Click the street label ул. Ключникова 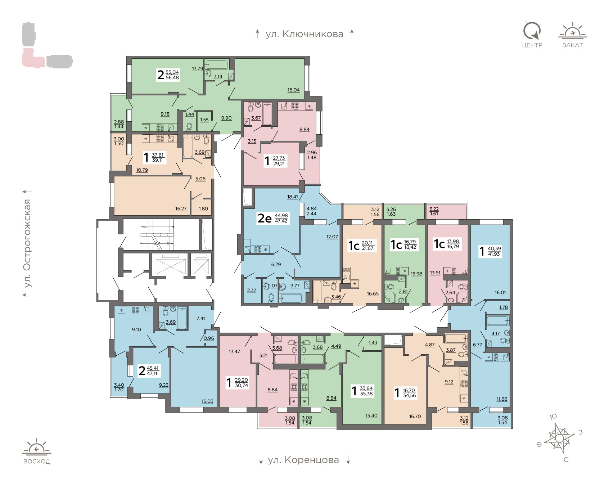[304, 34]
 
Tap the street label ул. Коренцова [303, 460]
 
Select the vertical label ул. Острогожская [27, 243]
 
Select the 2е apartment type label [265, 218]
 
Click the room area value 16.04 [293, 90]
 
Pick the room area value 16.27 [181, 209]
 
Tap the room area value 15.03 [207, 401]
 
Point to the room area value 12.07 [332, 237]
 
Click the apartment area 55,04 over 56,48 [172, 75]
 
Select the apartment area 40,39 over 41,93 [494, 251]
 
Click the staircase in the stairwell [157, 234]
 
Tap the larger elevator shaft [170, 264]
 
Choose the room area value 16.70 [415, 417]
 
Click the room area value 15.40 [371, 416]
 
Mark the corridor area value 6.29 [276, 265]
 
